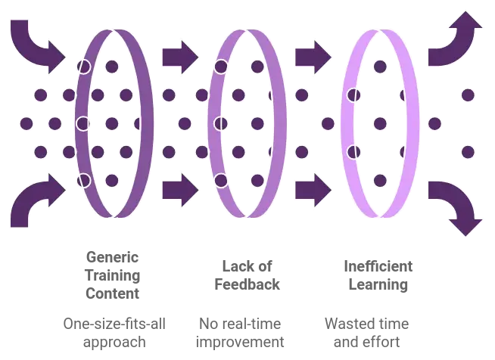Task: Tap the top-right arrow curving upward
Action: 457,42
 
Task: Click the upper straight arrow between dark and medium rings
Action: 182,55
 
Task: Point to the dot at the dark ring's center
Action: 112,123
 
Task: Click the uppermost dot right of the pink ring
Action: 469,95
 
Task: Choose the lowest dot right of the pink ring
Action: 469,152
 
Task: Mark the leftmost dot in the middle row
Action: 26,123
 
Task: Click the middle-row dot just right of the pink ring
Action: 434,123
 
